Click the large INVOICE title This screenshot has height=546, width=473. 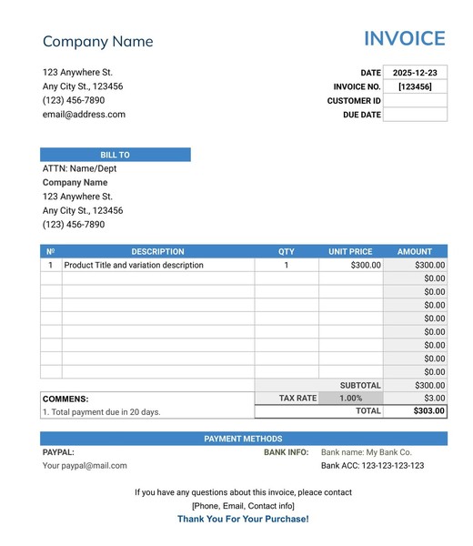point(404,39)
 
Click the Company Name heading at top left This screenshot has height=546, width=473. point(97,42)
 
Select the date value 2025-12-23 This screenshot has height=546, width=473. point(415,73)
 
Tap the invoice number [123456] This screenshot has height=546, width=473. point(415,86)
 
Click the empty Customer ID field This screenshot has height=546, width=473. point(415,101)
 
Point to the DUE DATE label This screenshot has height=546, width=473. point(362,116)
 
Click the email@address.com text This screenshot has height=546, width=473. point(84,115)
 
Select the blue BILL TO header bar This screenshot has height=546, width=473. point(115,155)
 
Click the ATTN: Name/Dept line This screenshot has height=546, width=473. point(79,168)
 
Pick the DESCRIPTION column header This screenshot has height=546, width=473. point(157,251)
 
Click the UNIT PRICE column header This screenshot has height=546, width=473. point(350,251)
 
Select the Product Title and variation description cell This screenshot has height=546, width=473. point(134,266)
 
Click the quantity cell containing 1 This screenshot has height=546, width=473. point(286,266)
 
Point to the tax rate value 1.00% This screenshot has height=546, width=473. point(350,399)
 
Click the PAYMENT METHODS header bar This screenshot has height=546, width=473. point(243,439)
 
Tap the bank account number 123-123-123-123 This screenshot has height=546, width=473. point(393,465)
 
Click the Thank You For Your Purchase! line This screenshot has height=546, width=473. point(243,519)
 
